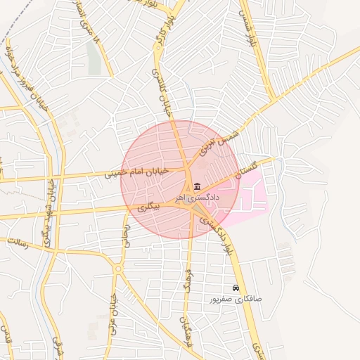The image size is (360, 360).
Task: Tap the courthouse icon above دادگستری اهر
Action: tap(195, 187)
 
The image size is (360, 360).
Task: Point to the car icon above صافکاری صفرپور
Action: tap(236, 288)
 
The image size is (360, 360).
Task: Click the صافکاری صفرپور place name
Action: tap(236, 299)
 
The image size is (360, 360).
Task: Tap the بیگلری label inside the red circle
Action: tap(148, 208)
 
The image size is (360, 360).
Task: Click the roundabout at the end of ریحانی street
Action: tap(118, 268)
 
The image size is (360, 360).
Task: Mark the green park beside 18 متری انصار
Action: tap(94, 56)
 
